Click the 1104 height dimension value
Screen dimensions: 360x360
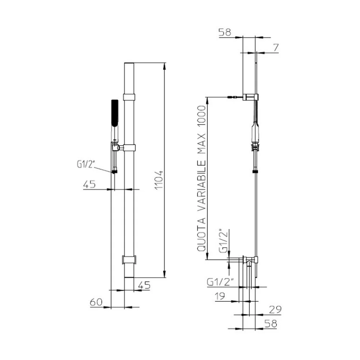[159, 180]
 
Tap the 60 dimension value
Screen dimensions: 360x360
[96, 302]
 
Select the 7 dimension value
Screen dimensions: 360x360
[276, 48]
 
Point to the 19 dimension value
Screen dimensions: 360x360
[220, 296]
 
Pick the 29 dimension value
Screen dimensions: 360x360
[275, 310]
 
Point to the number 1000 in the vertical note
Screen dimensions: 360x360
[201, 117]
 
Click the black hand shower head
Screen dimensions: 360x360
[115, 112]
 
